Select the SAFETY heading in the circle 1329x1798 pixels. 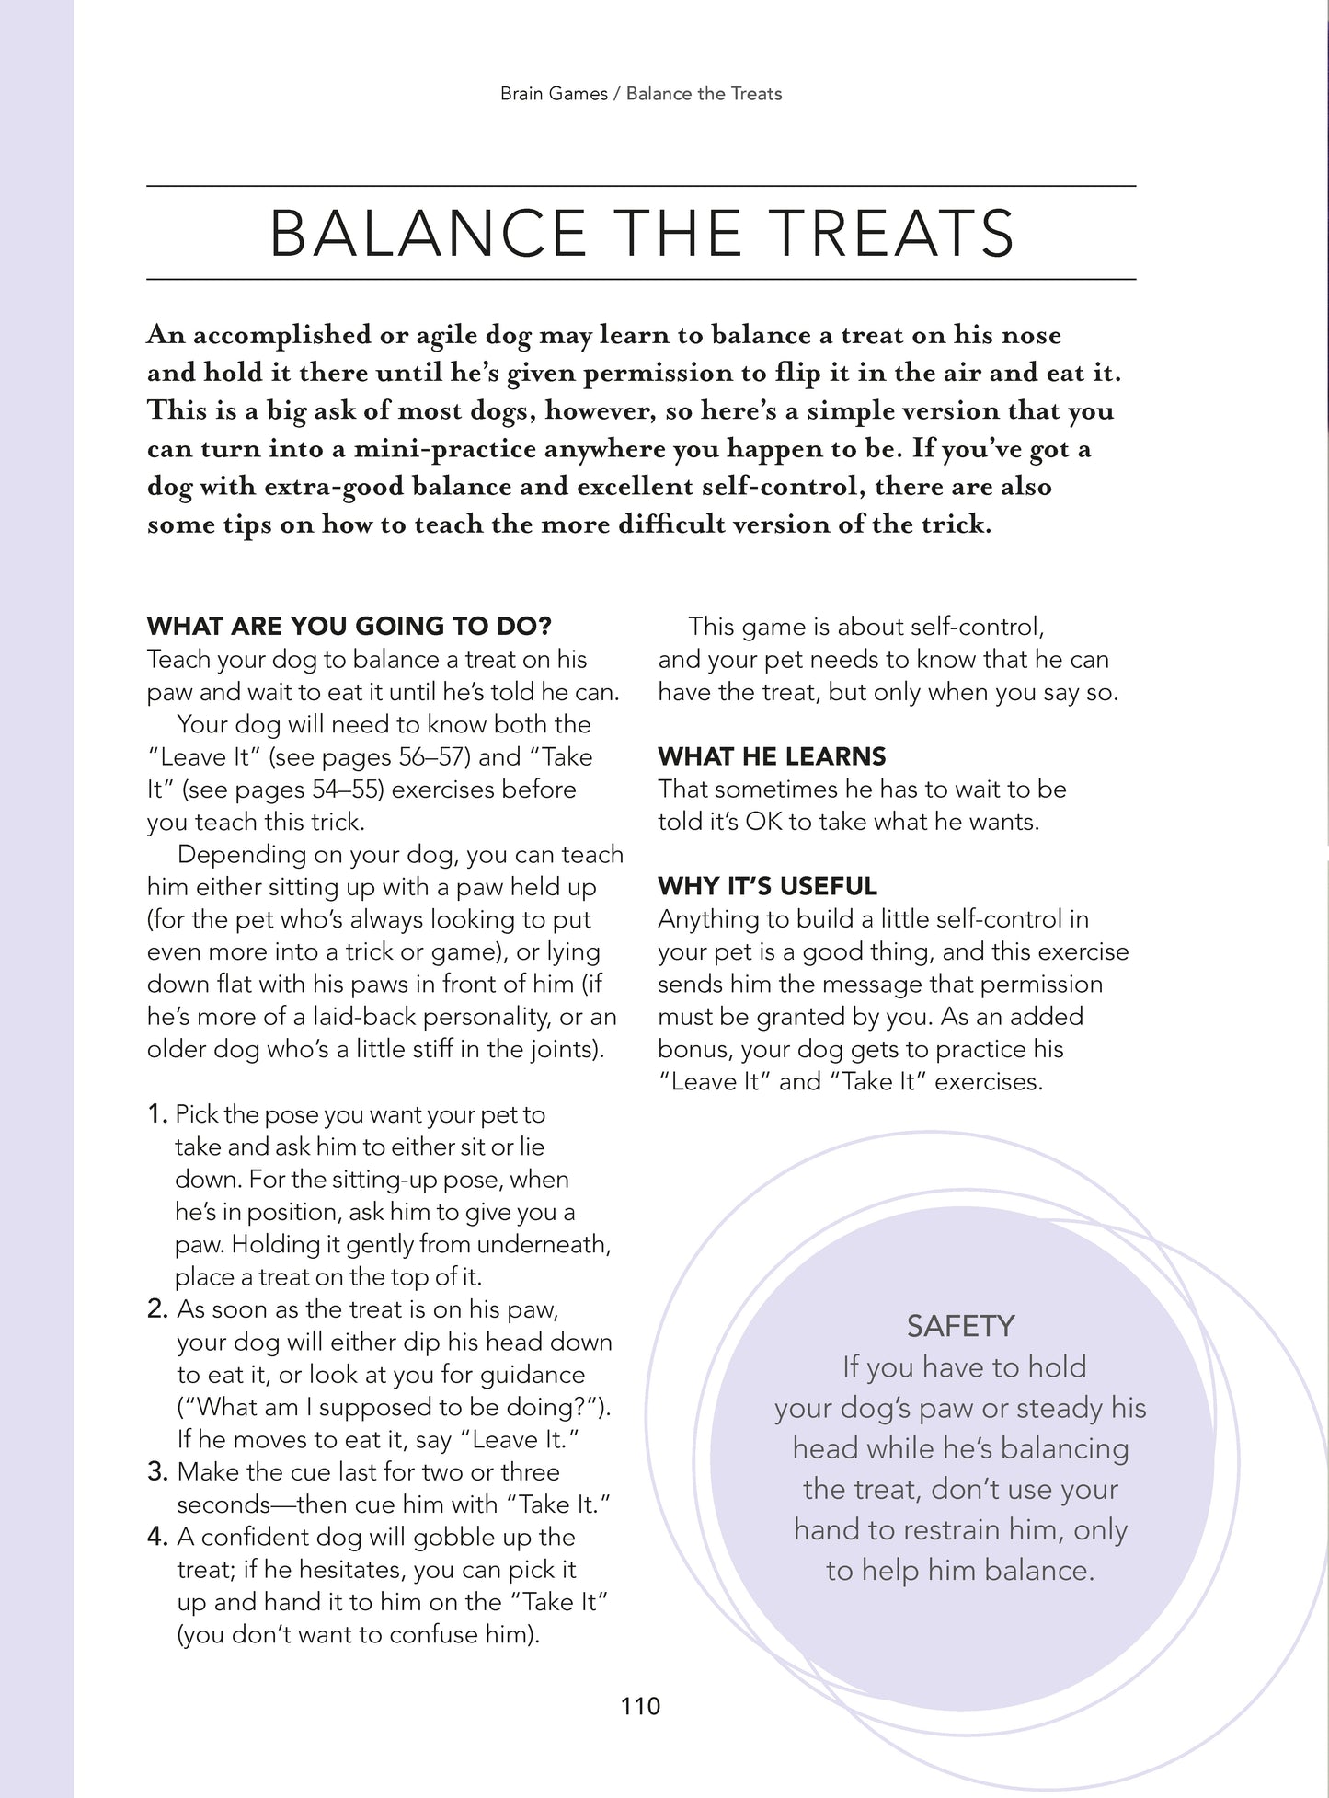[960, 1326]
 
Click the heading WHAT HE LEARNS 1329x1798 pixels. [772, 756]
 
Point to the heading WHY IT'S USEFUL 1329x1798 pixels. [767, 886]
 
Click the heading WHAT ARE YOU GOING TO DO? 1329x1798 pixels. [349, 627]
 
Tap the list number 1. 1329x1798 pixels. [157, 1114]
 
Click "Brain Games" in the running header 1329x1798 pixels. [554, 94]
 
